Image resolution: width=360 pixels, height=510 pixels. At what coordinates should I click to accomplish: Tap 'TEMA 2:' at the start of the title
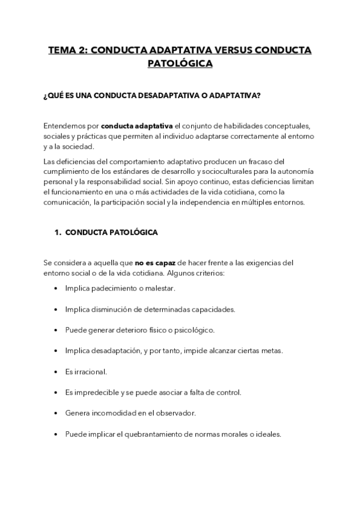pos(68,51)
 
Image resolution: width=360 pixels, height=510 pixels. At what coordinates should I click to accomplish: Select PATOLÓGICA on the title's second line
pos(180,63)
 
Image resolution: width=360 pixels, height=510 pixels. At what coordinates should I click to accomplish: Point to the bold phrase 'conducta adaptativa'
pos(137,126)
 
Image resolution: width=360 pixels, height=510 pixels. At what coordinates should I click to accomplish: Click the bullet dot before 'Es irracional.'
pos(55,372)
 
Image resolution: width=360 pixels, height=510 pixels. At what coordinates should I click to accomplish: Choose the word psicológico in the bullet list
pos(192,330)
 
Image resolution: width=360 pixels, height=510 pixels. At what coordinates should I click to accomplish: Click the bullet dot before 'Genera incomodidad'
pos(55,413)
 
